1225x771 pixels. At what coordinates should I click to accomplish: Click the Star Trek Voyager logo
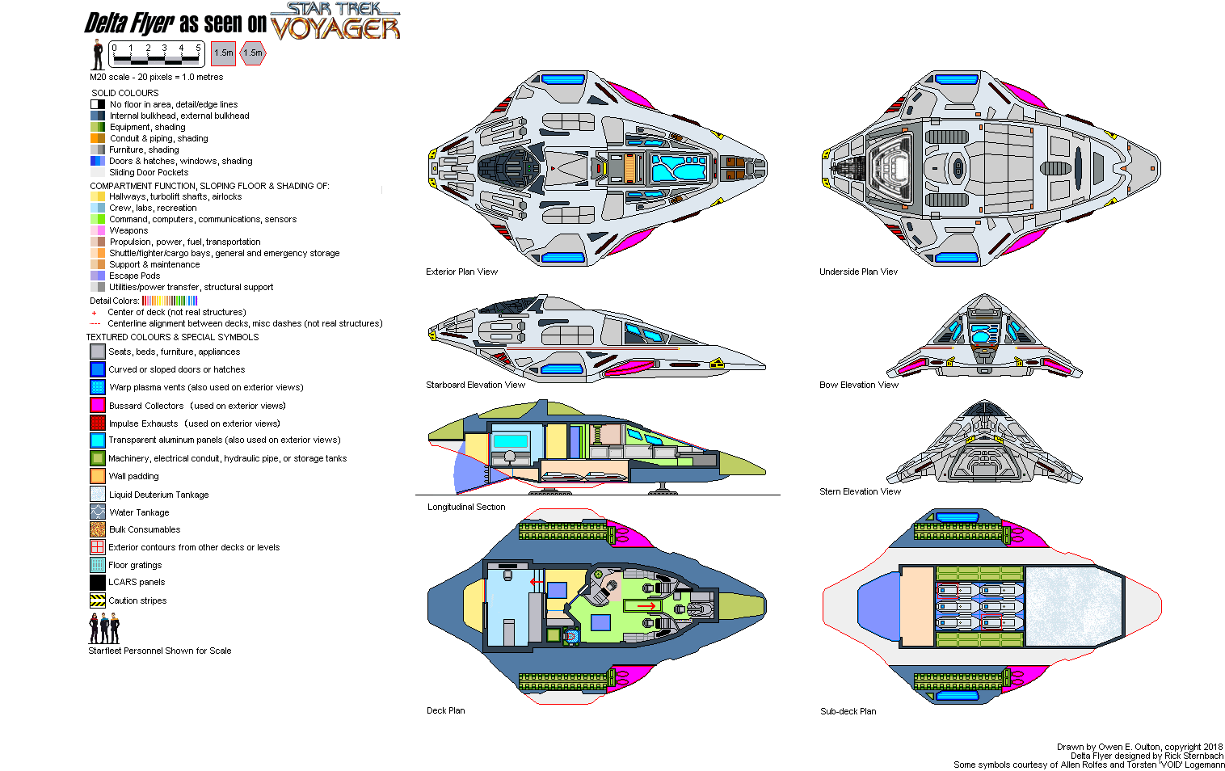coord(335,22)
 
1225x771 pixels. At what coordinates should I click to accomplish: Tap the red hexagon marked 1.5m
coord(253,53)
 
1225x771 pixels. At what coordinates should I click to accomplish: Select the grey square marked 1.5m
coord(224,53)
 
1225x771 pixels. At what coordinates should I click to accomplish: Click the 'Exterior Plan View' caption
coord(461,272)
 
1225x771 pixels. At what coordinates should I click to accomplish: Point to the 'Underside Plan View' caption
coord(858,272)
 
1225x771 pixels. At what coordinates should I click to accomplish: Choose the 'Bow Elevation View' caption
coord(858,385)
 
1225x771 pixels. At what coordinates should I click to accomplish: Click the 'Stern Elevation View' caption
coord(860,491)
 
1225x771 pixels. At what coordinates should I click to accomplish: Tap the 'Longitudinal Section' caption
coord(466,507)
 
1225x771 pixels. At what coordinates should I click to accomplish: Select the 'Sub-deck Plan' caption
coord(848,711)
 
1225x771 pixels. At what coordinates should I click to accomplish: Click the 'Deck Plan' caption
coord(445,710)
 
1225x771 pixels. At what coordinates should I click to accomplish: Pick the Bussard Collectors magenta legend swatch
coord(98,405)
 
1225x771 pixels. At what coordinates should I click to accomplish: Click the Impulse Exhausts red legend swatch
coord(98,423)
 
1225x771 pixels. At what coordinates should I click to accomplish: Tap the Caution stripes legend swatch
coord(98,600)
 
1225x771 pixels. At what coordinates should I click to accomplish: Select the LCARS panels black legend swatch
coord(98,582)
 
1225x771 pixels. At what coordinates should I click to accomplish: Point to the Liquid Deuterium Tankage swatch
coord(98,494)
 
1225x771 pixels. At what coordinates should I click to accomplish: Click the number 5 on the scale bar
coord(198,48)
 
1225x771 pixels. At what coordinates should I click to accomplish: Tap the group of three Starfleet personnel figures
coord(104,628)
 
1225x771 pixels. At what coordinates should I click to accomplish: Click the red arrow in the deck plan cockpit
coord(646,606)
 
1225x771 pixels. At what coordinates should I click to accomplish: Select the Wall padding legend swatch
coord(98,476)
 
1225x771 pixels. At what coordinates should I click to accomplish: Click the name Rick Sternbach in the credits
coord(1193,756)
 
